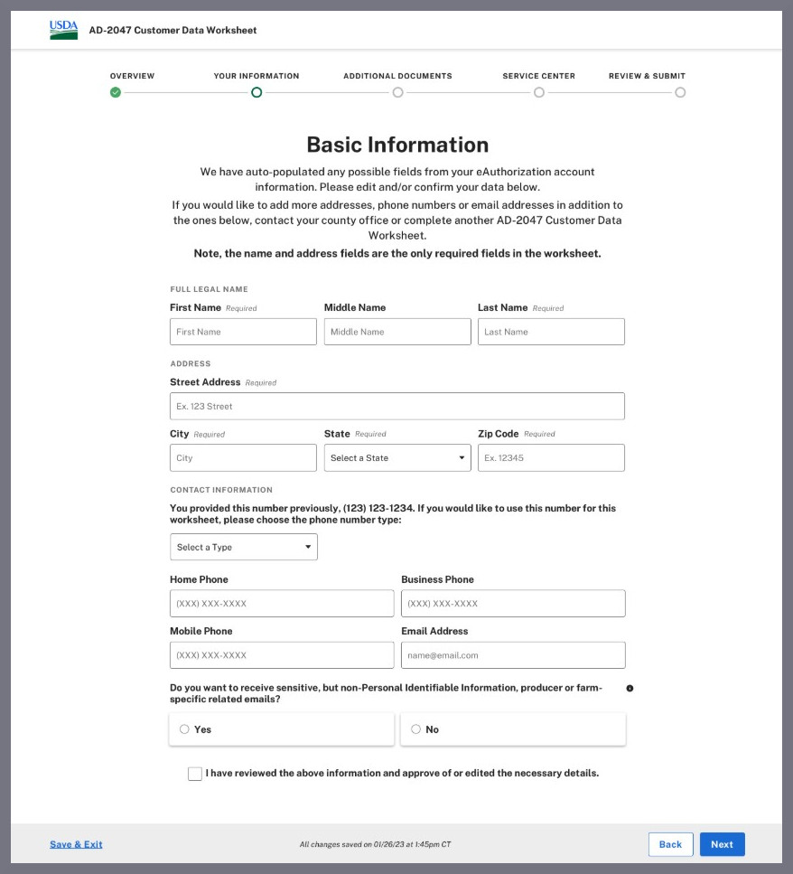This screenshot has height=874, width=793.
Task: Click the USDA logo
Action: [x=63, y=30]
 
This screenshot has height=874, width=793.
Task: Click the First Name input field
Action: [x=243, y=332]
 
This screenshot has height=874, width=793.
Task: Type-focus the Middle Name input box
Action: [x=397, y=332]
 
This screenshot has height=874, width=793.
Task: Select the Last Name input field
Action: [x=551, y=332]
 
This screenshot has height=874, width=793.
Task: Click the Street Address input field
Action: [x=397, y=406]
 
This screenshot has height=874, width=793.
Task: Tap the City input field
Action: [x=243, y=457]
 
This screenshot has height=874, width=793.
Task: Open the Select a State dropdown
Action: [x=397, y=457]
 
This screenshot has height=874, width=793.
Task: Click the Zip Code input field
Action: [x=551, y=457]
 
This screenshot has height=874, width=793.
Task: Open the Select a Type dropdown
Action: [x=244, y=547]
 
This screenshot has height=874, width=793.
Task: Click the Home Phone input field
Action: [x=282, y=603]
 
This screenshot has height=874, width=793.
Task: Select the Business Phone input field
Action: [x=513, y=603]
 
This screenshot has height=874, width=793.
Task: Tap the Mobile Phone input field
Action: [x=282, y=654]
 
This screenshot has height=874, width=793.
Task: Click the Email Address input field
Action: [x=513, y=654]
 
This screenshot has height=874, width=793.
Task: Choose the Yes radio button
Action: [x=184, y=729]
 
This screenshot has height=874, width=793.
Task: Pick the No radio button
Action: [x=415, y=729]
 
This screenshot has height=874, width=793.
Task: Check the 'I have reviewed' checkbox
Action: [x=195, y=774]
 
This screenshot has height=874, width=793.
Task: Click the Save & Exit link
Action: [x=76, y=844]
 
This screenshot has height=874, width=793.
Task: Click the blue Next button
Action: [x=722, y=844]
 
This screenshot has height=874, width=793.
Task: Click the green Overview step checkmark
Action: [x=116, y=92]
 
